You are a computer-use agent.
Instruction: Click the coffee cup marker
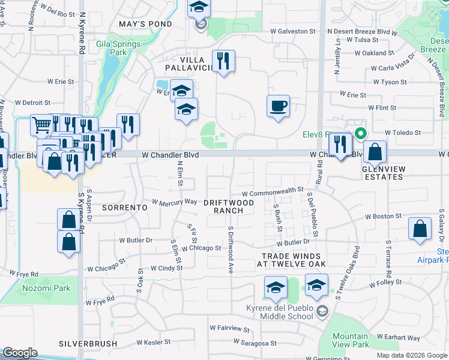tap(278, 106)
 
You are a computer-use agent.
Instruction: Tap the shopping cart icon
tap(41, 125)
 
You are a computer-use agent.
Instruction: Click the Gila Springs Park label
tap(118, 48)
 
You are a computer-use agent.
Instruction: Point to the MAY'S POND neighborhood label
tap(145, 24)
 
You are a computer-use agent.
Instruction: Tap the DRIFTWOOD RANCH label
tap(228, 206)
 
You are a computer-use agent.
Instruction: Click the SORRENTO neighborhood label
tap(124, 207)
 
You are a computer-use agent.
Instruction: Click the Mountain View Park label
tap(351, 340)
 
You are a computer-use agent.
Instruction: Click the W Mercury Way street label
tap(175, 202)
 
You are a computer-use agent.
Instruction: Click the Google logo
tap(20, 353)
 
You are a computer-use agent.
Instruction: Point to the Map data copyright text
tap(412, 355)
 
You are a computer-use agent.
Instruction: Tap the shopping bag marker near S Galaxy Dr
tap(420, 229)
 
